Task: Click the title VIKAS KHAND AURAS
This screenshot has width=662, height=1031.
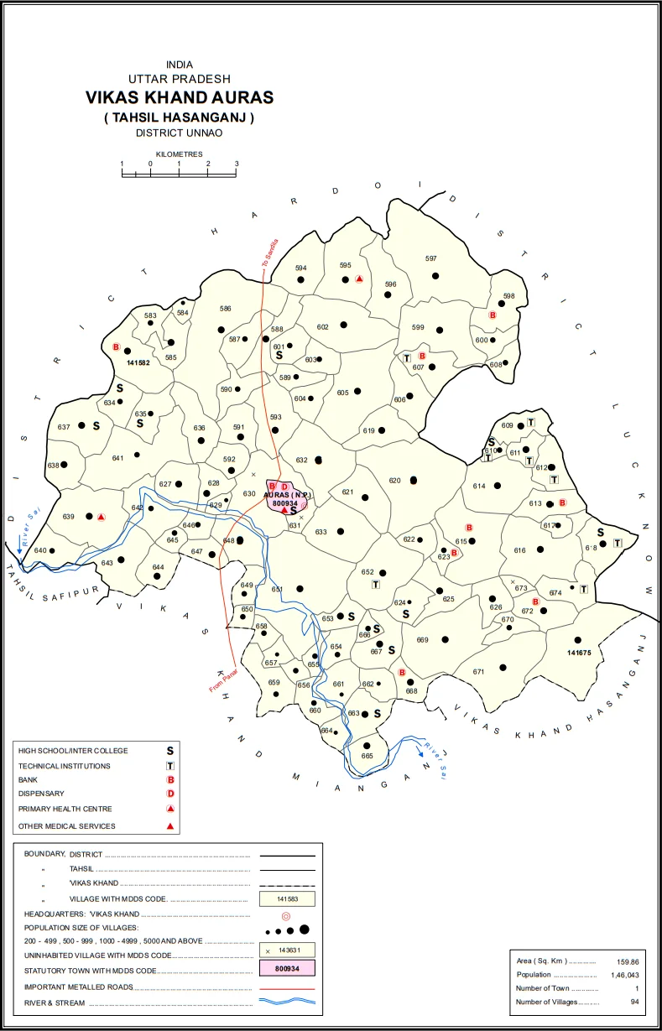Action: click(x=179, y=97)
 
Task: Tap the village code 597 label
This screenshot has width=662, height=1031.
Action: click(x=431, y=258)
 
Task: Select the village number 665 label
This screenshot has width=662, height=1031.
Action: click(x=367, y=756)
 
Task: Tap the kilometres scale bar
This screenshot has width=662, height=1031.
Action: click(x=179, y=174)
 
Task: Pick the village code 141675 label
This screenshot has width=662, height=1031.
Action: click(x=579, y=653)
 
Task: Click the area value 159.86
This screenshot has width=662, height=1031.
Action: click(x=628, y=961)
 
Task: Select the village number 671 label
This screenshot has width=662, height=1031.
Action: click(x=478, y=672)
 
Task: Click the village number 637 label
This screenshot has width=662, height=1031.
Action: click(x=64, y=427)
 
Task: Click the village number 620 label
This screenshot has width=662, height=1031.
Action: click(x=395, y=481)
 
